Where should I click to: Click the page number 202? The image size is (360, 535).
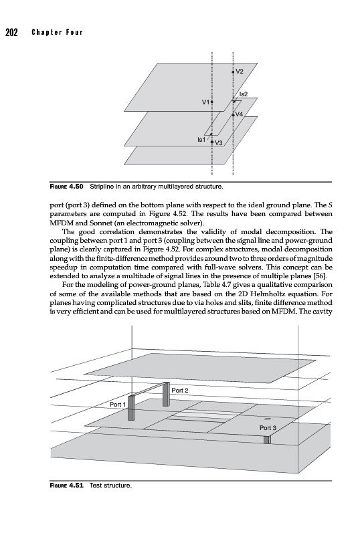click(x=11, y=32)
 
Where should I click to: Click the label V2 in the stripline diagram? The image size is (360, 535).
click(x=240, y=72)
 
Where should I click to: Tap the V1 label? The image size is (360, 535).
click(x=205, y=102)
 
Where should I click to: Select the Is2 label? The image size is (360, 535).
click(x=243, y=94)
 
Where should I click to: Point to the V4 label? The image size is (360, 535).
click(x=239, y=114)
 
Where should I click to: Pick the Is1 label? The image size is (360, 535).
click(x=201, y=139)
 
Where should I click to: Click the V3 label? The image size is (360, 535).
click(x=219, y=143)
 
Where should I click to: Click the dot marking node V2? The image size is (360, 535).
click(x=233, y=72)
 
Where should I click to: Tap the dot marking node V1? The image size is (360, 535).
click(x=211, y=102)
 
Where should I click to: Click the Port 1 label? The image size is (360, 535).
click(x=118, y=405)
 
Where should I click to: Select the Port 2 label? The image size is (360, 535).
click(x=179, y=391)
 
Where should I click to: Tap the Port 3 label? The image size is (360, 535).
click(x=268, y=428)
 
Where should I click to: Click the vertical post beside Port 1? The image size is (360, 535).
click(x=131, y=408)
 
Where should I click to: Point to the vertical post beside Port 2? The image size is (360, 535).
click(x=167, y=394)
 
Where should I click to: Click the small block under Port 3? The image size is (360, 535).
click(x=267, y=440)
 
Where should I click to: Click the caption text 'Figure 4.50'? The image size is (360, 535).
click(x=67, y=187)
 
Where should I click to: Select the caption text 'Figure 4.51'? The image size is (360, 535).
click(x=67, y=486)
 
